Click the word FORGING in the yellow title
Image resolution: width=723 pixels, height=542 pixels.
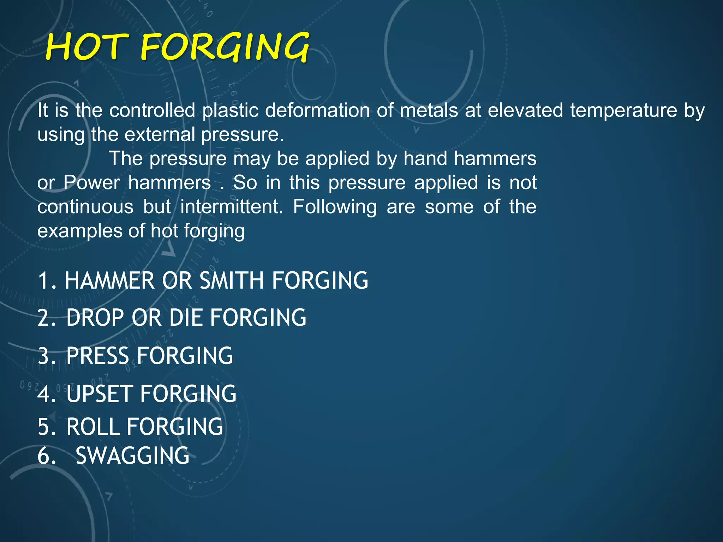click(225, 47)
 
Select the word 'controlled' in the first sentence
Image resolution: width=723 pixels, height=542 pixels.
click(152, 110)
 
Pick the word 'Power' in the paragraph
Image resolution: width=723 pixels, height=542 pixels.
click(92, 183)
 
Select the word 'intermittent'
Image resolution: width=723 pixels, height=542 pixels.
click(231, 207)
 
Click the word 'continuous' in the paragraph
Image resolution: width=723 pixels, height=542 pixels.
click(85, 207)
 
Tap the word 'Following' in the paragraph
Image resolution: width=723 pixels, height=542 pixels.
click(335, 207)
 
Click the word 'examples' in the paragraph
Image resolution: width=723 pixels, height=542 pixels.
click(79, 231)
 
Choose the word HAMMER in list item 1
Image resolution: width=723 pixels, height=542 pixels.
click(109, 281)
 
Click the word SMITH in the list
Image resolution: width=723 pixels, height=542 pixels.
click(231, 281)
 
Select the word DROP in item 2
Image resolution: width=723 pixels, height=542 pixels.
click(95, 318)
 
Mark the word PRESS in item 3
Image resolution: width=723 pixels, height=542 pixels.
click(97, 356)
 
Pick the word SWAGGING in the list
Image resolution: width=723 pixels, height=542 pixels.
click(132, 456)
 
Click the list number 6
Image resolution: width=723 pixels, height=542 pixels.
click(46, 456)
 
